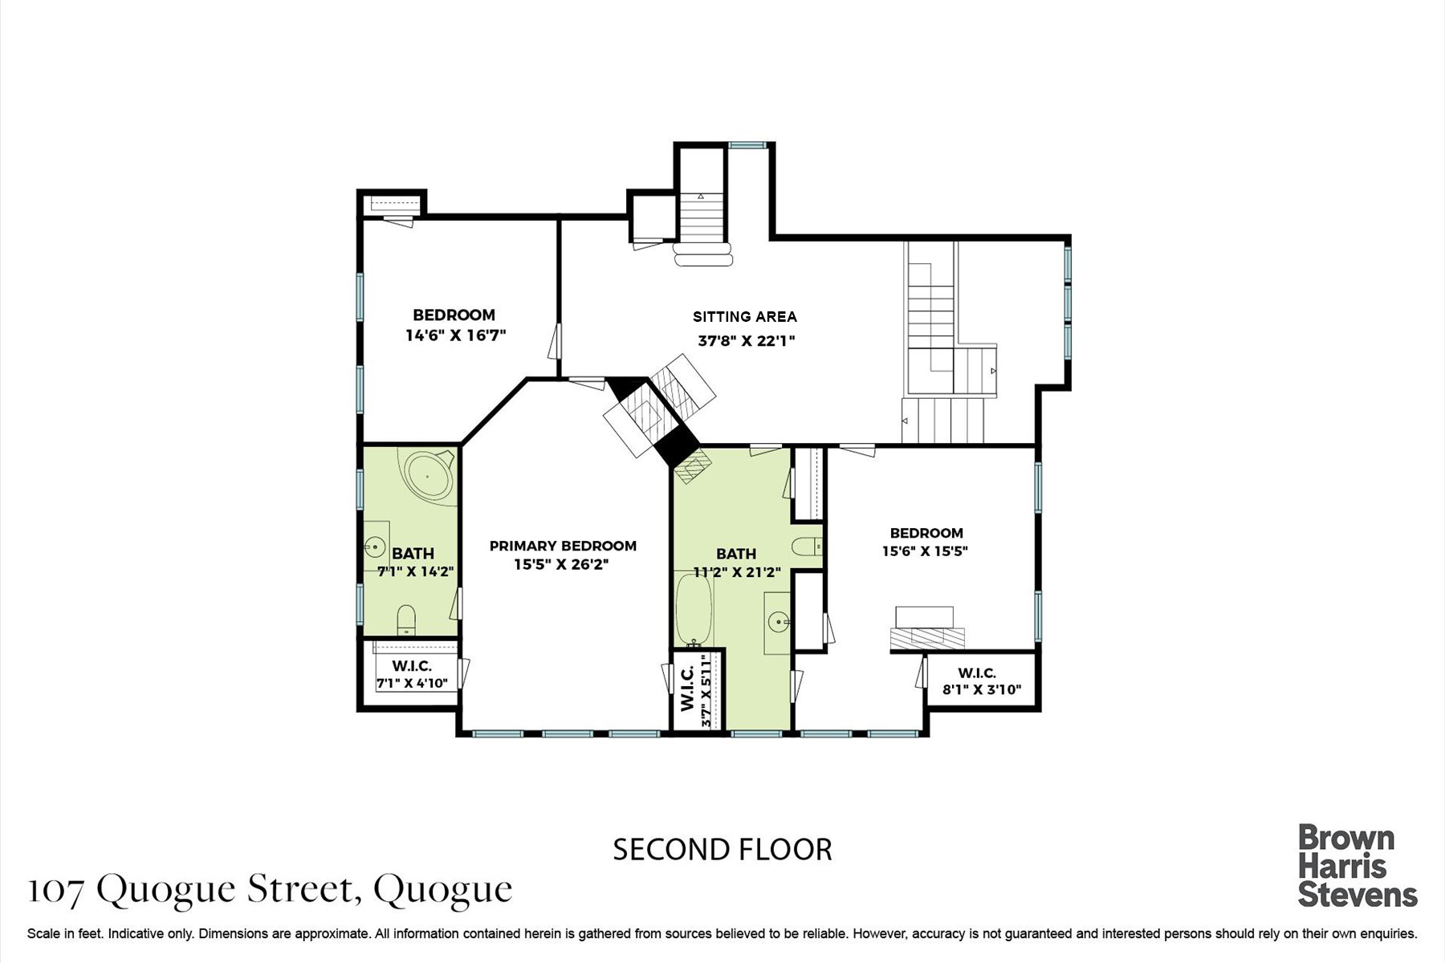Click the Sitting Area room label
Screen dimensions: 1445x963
745,317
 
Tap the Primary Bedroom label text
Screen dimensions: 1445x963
563,546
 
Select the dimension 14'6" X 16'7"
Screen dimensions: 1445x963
455,335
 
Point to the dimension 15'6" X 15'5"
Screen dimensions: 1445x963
926,551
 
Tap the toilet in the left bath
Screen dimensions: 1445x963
406,620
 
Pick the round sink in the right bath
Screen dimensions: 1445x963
778,620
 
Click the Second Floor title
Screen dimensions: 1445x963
722,849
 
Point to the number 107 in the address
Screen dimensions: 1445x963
55,888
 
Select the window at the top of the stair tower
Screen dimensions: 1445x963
747,144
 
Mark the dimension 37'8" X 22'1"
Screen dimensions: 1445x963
746,340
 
